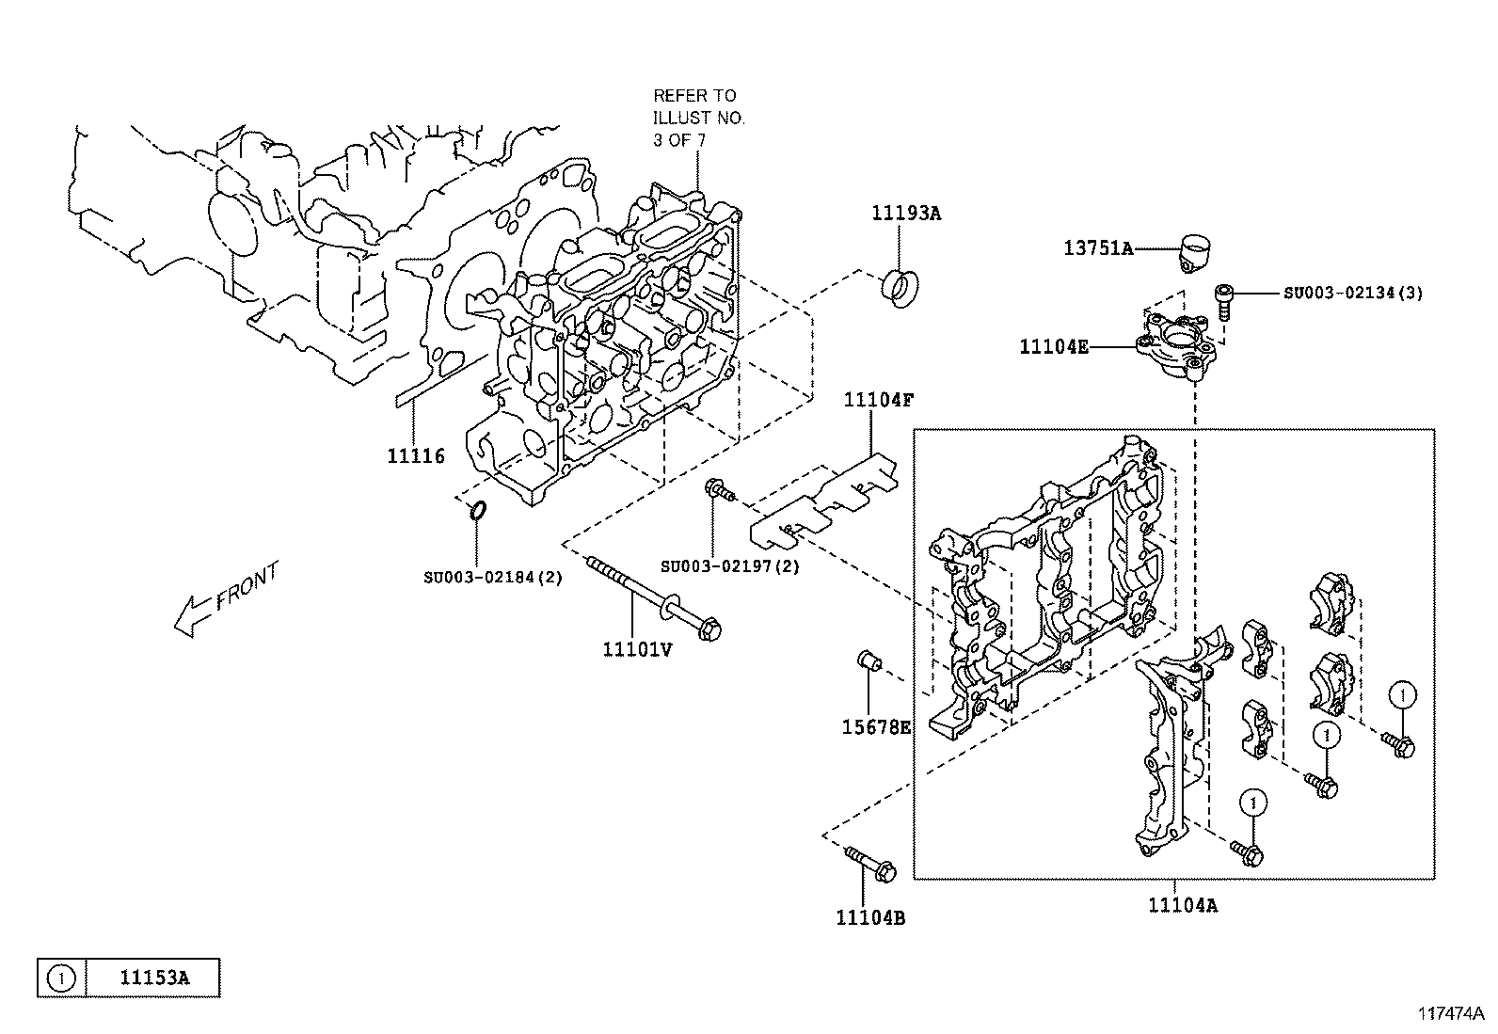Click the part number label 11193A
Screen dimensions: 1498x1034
906,214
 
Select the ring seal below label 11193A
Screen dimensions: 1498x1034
900,288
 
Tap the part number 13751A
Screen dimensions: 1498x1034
1099,248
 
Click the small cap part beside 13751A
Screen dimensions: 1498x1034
1194,253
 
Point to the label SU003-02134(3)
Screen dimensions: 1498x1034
1353,293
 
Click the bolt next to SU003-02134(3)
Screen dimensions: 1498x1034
1224,302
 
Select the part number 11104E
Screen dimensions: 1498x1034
1054,347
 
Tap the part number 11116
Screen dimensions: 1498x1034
416,456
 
